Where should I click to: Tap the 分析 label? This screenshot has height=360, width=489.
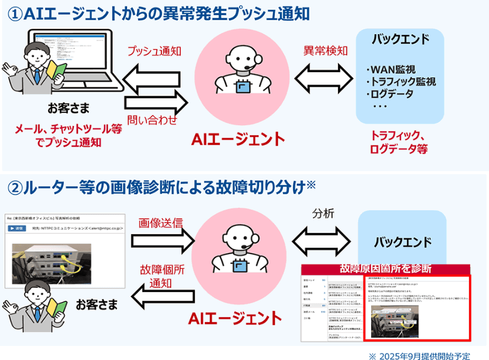point(323,215)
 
